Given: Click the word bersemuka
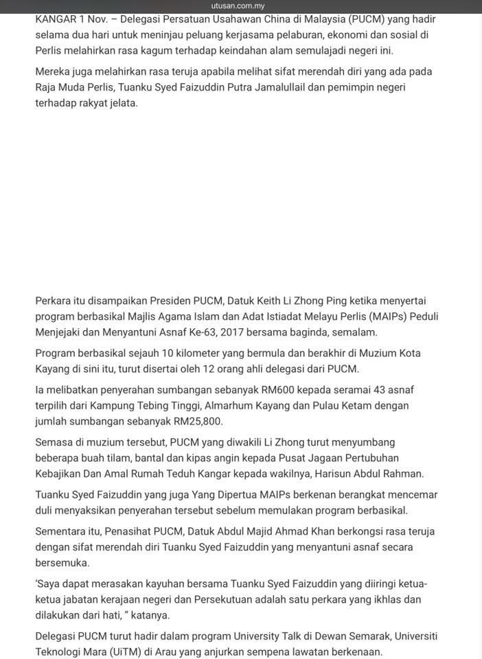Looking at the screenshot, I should point(62,562).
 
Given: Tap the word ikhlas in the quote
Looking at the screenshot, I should point(384,599).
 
